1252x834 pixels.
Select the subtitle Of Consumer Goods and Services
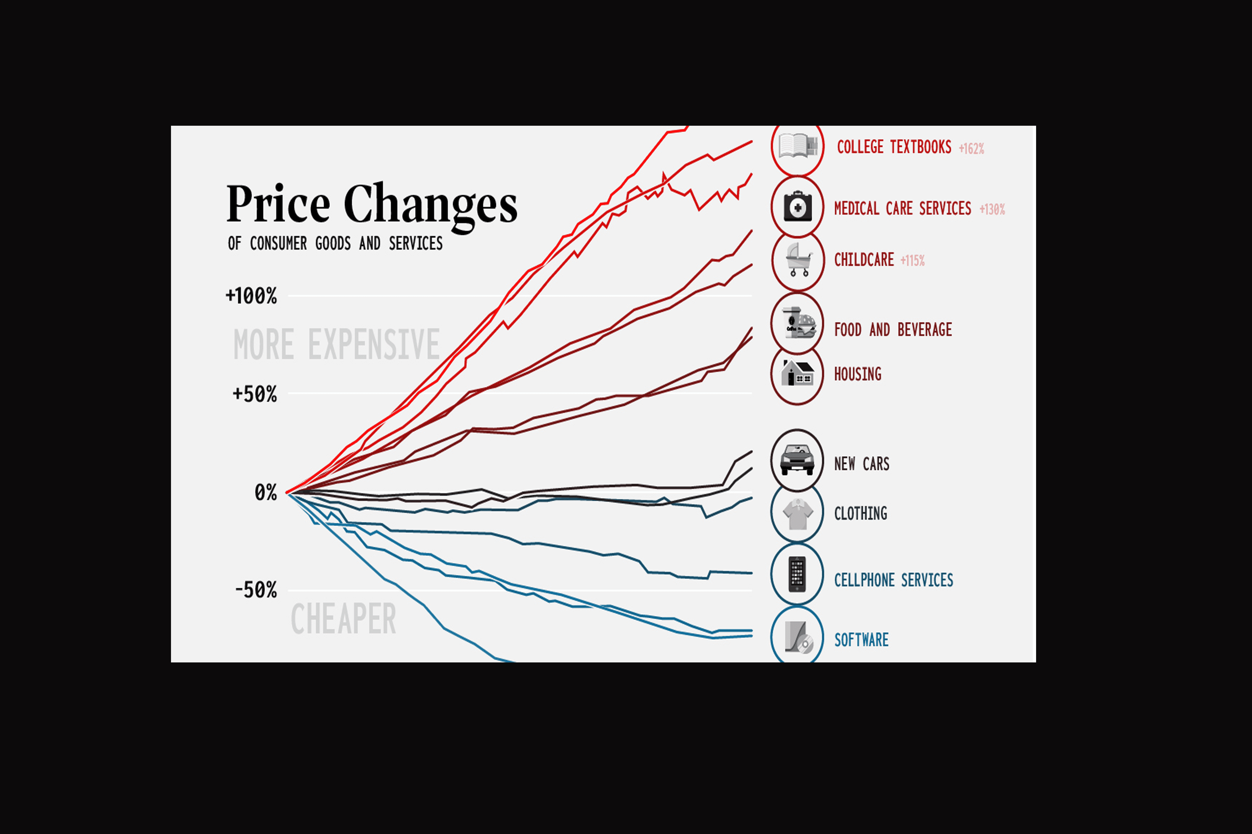click(x=335, y=243)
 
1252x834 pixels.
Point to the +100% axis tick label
click(x=251, y=296)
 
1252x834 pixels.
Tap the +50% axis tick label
click(x=255, y=394)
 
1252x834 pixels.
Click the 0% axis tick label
click(x=265, y=493)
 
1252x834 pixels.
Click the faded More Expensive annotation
click(x=336, y=345)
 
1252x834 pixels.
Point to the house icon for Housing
click(x=797, y=373)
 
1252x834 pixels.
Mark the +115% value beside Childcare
click(x=912, y=261)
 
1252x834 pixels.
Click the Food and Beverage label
click(x=893, y=330)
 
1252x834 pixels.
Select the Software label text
click(x=861, y=640)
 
